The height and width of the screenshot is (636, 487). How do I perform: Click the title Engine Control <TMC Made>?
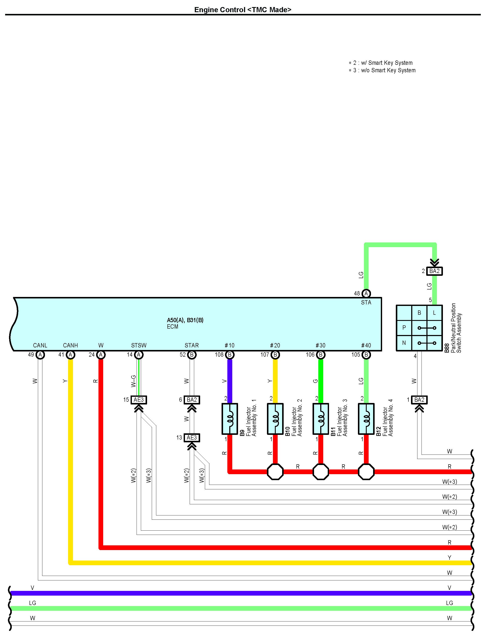pyautogui.click(x=243, y=10)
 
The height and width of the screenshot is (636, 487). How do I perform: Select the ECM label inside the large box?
pyautogui.click(x=173, y=326)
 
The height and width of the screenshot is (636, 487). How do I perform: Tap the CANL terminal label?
pyautogui.click(x=40, y=345)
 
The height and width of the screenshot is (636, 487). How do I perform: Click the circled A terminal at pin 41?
pyautogui.click(x=70, y=355)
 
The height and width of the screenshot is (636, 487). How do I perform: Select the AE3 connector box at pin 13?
pyautogui.click(x=192, y=437)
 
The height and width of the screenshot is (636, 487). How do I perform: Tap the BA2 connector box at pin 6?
pyautogui.click(x=192, y=400)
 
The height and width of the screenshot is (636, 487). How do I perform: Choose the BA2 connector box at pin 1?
pyautogui.click(x=419, y=400)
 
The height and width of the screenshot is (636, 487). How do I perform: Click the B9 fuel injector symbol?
pyautogui.click(x=229, y=419)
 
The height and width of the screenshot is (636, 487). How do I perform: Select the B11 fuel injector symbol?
pyautogui.click(x=321, y=419)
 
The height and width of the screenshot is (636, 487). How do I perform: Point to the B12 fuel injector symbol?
pyautogui.click(x=366, y=419)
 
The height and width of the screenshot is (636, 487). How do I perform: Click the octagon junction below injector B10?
pyautogui.click(x=275, y=472)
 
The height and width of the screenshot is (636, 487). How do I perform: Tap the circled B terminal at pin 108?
pyautogui.click(x=229, y=355)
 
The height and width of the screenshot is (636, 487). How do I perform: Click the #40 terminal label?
pyautogui.click(x=366, y=345)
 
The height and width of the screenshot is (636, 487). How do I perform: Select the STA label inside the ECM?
pyautogui.click(x=366, y=302)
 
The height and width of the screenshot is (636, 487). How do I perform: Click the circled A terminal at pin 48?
pyautogui.click(x=366, y=293)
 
